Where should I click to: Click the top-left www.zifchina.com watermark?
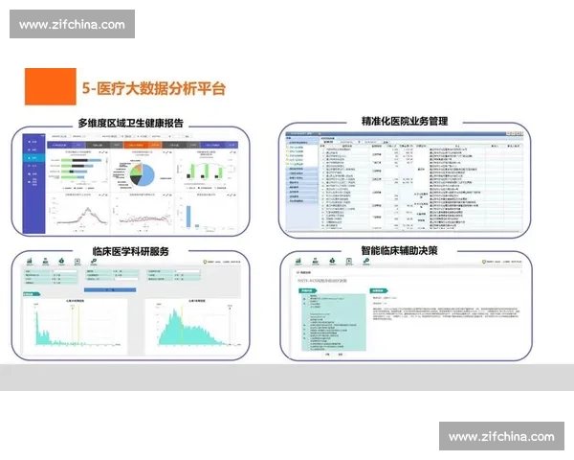[x=72, y=24]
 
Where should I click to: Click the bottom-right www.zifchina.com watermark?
[x=500, y=436]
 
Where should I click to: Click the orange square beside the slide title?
[x=50, y=86]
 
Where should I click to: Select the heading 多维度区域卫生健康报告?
[x=130, y=123]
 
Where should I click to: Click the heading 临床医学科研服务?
[x=130, y=251]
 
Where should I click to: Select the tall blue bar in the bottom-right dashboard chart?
[x=188, y=216]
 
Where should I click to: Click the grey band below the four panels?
[x=287, y=377]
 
